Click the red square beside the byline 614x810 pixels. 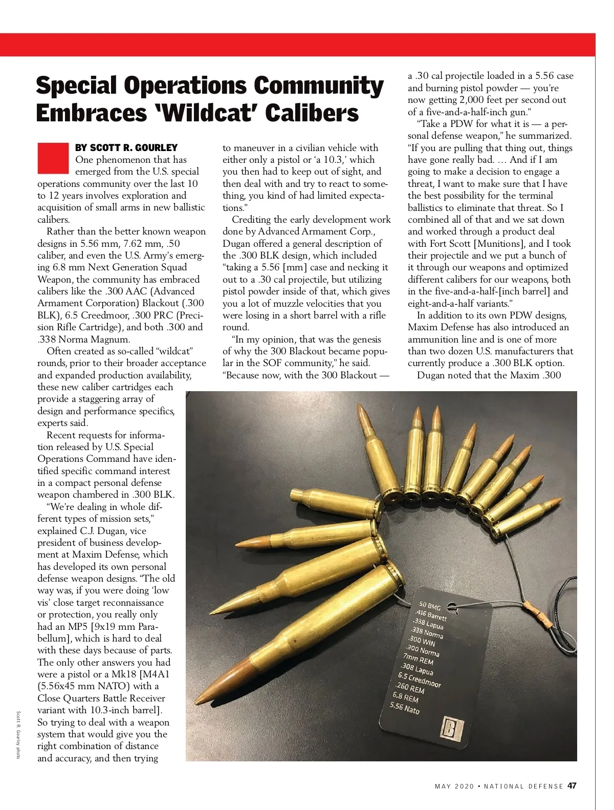[53, 158]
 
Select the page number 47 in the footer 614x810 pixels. [572, 786]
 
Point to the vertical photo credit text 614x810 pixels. [18, 735]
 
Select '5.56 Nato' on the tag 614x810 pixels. [404, 708]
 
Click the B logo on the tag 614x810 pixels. [451, 729]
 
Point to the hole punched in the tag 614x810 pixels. [452, 608]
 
